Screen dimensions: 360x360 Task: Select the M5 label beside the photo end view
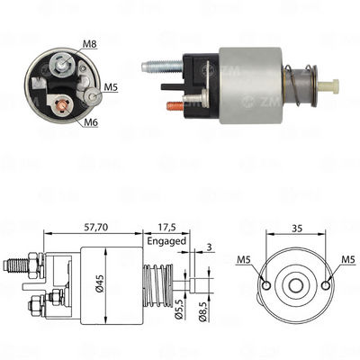coord(110,87)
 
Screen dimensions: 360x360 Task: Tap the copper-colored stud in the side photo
coord(174,105)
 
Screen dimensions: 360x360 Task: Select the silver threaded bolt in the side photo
coord(161,65)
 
